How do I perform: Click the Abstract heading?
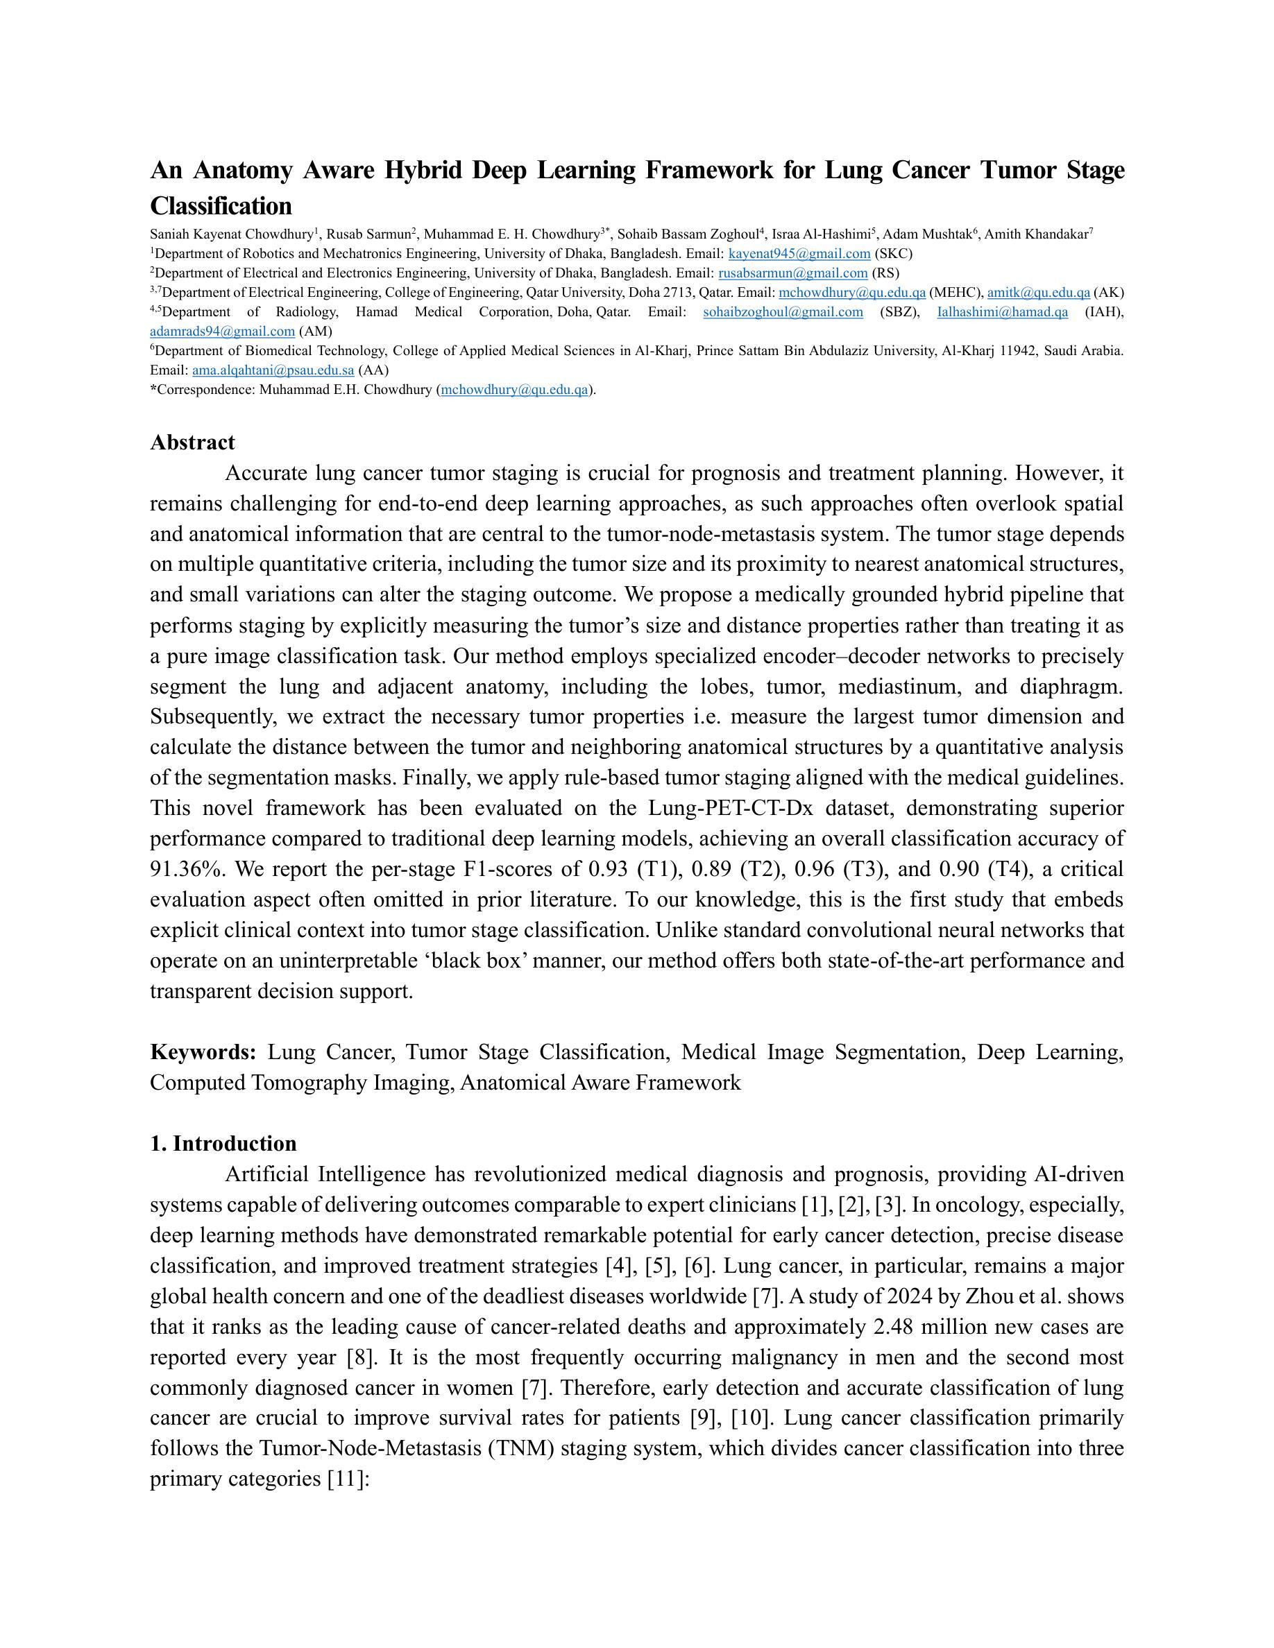click(192, 443)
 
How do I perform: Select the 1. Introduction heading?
click(223, 1143)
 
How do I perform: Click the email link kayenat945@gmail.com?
click(799, 254)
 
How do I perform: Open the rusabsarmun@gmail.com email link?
click(792, 273)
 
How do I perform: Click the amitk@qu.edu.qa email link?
click(1039, 293)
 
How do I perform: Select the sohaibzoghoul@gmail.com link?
click(783, 312)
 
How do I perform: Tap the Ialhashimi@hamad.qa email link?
click(1002, 312)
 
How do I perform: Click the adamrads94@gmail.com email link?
click(223, 332)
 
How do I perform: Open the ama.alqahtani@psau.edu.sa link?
click(273, 370)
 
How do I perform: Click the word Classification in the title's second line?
click(221, 206)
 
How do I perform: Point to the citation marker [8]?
click(362, 1357)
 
